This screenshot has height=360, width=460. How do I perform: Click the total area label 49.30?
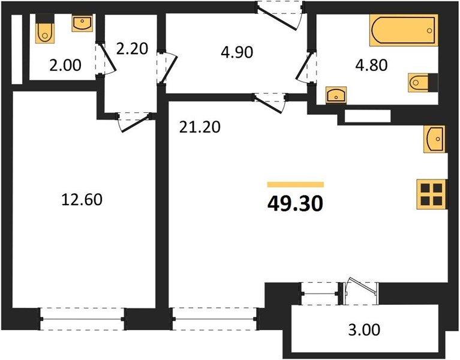click(x=295, y=205)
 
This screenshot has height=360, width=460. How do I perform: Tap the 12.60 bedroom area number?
click(x=82, y=200)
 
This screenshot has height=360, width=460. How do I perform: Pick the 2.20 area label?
click(x=132, y=48)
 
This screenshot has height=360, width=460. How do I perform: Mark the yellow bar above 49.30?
click(x=295, y=185)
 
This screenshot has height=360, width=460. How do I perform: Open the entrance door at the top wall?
click(x=279, y=13)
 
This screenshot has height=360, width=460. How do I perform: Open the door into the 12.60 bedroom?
click(x=133, y=120)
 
